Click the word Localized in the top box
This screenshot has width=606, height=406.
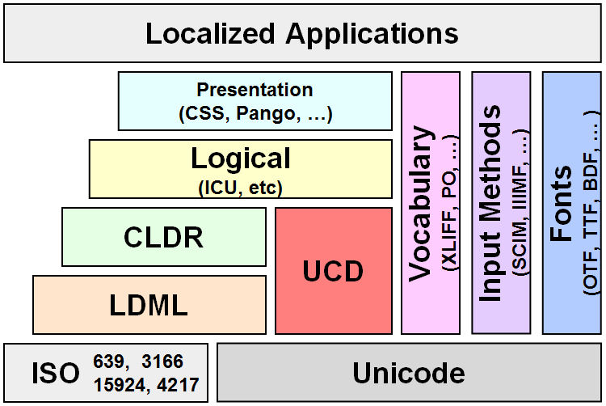click(x=210, y=33)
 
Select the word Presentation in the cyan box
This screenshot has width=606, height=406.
click(x=255, y=90)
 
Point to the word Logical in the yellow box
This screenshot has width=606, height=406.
click(x=241, y=159)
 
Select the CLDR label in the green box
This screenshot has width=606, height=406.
click(x=163, y=237)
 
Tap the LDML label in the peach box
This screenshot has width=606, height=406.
click(x=149, y=305)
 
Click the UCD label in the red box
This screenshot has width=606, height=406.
click(x=333, y=271)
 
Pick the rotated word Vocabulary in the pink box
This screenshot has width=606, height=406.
click(x=420, y=204)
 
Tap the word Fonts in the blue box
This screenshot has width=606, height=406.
click(x=561, y=204)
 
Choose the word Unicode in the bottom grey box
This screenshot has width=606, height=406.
click(x=409, y=373)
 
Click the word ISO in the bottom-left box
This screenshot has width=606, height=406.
click(x=55, y=374)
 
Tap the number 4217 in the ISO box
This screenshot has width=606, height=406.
click(x=179, y=385)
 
